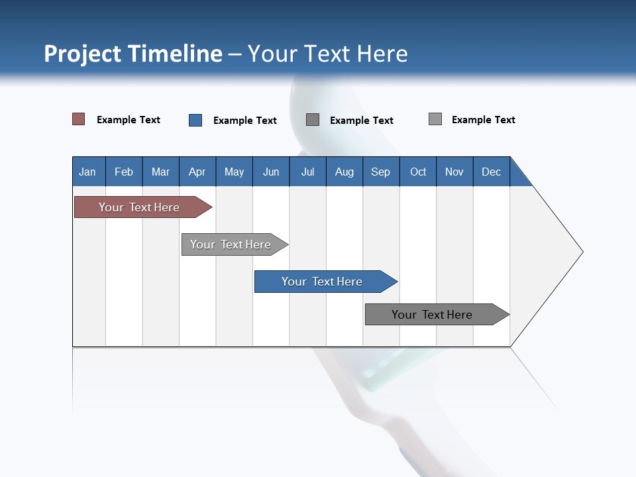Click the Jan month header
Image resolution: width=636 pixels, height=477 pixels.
click(x=88, y=172)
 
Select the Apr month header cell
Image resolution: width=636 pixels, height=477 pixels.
click(x=197, y=172)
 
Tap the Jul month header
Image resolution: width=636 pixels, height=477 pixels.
click(x=307, y=172)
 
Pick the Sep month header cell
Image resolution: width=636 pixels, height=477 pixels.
click(x=381, y=172)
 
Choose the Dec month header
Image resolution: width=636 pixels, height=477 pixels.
click(x=491, y=172)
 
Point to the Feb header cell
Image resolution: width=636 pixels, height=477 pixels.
click(x=124, y=172)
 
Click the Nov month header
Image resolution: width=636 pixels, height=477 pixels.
click(x=454, y=172)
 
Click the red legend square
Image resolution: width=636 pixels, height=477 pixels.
click(x=78, y=119)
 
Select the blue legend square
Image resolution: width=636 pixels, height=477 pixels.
click(x=195, y=120)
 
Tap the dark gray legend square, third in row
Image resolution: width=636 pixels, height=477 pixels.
click(x=313, y=120)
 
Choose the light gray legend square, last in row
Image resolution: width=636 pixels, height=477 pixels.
click(x=435, y=119)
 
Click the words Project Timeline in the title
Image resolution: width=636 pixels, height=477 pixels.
click(x=133, y=54)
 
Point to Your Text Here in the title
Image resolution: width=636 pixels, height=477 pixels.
click(x=328, y=54)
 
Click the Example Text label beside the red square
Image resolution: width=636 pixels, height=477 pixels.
click(x=129, y=120)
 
